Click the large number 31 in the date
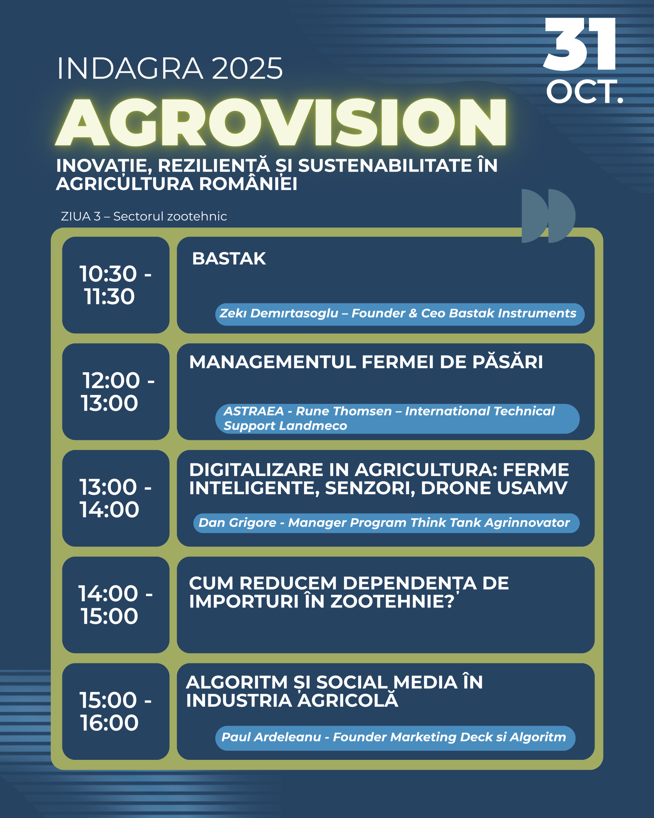click(x=579, y=44)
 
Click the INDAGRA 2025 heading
click(x=170, y=68)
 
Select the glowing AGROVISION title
click(x=281, y=122)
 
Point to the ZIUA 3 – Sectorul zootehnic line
click(x=144, y=216)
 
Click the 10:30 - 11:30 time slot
click(x=115, y=285)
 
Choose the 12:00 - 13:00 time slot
click(x=118, y=391)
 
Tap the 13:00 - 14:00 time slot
click(x=115, y=498)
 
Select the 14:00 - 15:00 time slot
click(x=115, y=605)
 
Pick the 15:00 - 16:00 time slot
click(x=115, y=711)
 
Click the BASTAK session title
click(x=229, y=259)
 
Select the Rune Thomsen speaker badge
click(x=397, y=419)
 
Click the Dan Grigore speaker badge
click(x=386, y=523)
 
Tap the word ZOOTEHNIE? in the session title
click(x=392, y=601)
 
